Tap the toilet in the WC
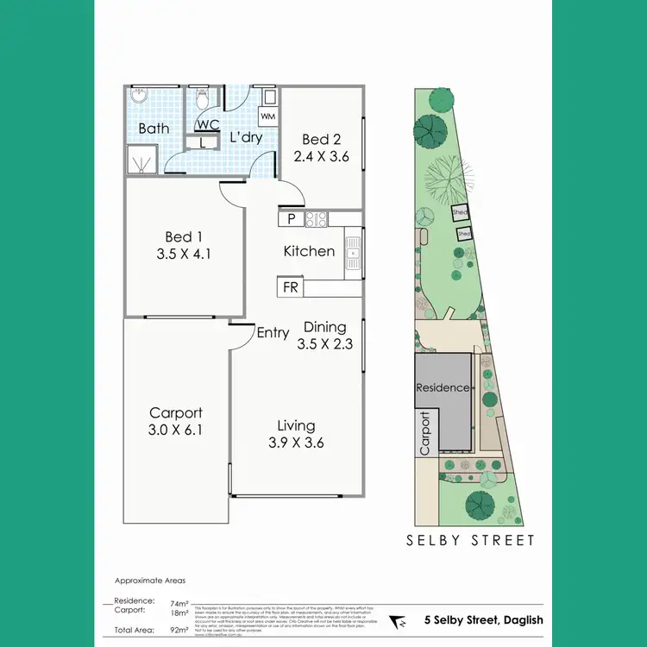(203, 102)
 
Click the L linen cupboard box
(204, 144)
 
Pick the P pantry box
(291, 219)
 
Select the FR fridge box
(291, 287)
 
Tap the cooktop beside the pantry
(315, 219)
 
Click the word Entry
(273, 334)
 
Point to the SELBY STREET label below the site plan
(471, 541)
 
